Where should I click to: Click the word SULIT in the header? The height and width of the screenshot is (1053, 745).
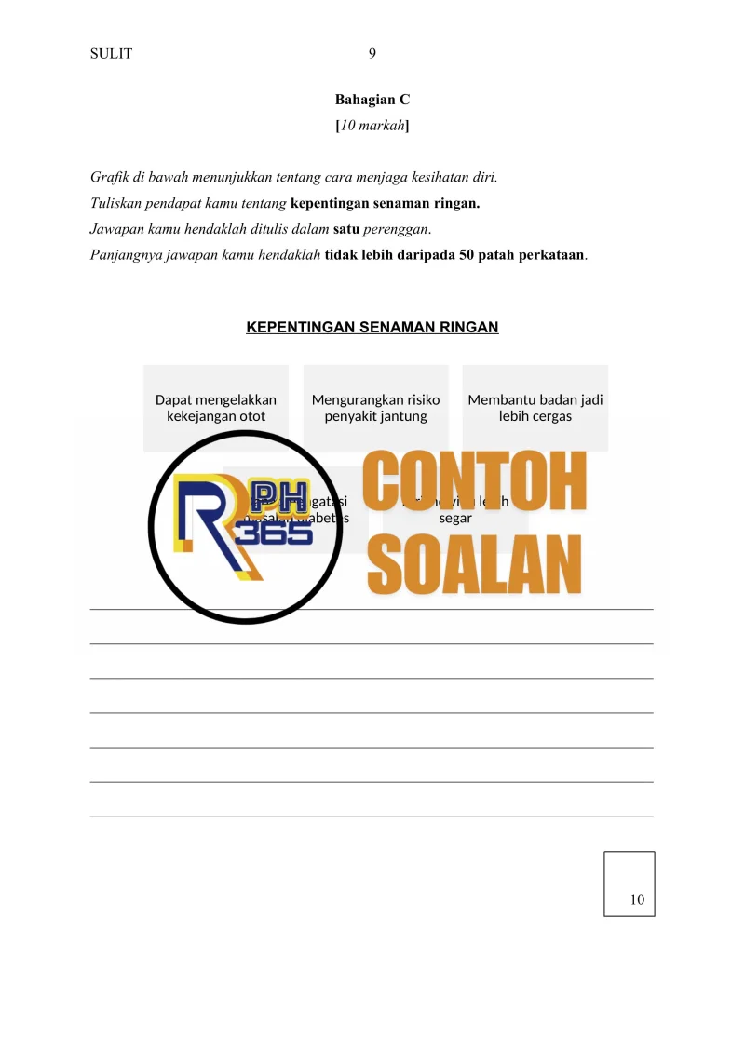point(111,54)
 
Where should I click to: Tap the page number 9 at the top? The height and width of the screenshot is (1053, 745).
point(372,54)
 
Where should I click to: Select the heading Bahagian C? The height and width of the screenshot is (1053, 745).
point(372,99)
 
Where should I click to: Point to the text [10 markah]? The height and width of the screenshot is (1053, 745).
point(372,126)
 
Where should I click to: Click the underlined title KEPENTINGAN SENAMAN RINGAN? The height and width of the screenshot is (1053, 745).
point(372,327)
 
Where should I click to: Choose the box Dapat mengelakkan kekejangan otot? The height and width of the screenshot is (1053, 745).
point(216,408)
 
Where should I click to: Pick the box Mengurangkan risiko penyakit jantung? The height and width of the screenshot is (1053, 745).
point(376,408)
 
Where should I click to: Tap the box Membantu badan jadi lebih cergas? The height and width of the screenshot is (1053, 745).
point(535,408)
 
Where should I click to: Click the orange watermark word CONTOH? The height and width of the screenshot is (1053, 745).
point(475,482)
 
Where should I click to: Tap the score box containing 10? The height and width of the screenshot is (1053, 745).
point(629,884)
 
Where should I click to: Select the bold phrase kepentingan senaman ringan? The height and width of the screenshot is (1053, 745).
point(385,203)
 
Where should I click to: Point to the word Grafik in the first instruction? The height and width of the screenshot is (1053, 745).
point(109,177)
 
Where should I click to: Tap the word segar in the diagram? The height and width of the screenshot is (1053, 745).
point(455,518)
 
